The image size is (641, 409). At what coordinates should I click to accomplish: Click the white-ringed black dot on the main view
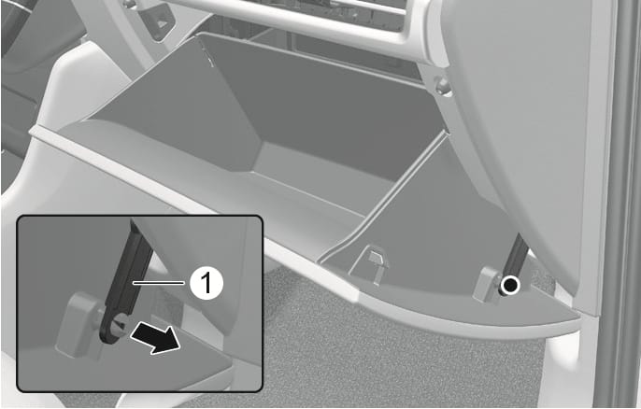[511, 287]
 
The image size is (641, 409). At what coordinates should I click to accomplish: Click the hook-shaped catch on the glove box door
[374, 264]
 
